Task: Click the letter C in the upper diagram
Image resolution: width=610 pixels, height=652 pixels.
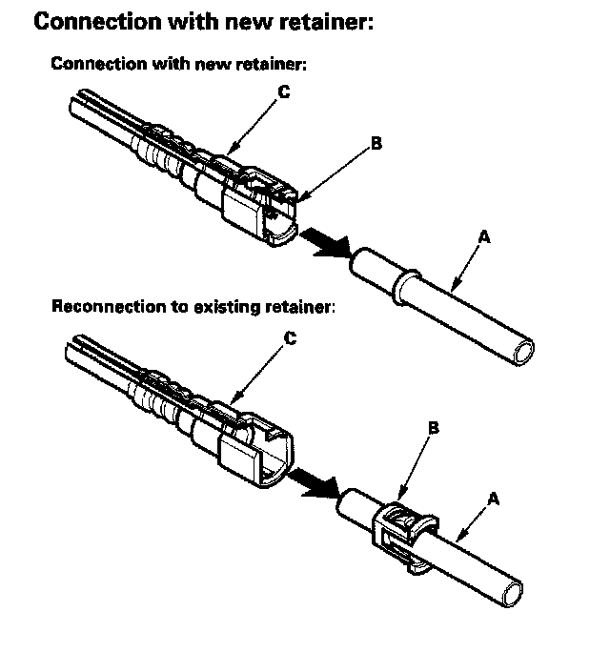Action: click(x=283, y=93)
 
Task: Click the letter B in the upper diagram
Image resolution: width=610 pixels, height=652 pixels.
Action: click(x=376, y=144)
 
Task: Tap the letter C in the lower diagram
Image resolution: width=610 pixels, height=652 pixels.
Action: click(x=291, y=337)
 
